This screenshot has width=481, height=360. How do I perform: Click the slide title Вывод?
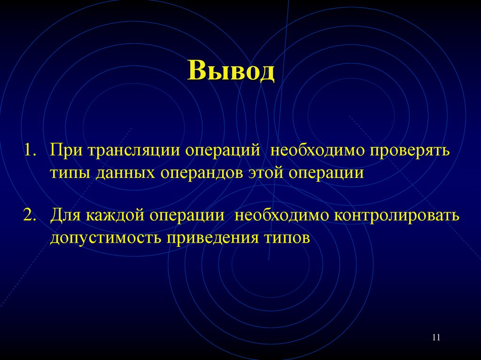tap(231, 71)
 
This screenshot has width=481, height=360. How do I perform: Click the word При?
tap(66, 152)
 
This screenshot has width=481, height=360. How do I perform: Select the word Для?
tap(66, 217)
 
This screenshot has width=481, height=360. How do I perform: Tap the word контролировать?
tap(396, 216)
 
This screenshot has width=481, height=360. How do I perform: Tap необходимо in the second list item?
tap(283, 216)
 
